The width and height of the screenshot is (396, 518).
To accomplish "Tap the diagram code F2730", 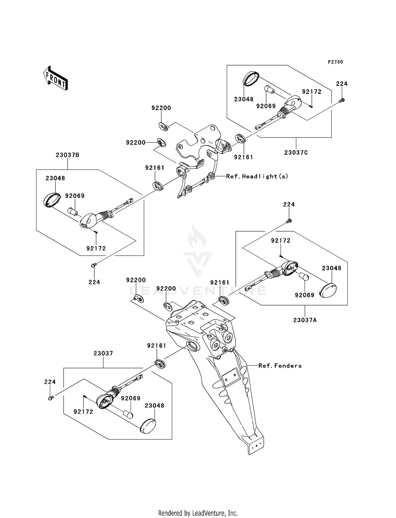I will [335, 62].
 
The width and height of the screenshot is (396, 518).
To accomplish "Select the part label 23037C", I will [296, 153].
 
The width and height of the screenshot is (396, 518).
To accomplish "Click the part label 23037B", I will [67, 155].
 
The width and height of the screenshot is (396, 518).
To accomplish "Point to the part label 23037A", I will [305, 320].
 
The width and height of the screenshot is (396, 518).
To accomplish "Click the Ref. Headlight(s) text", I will [257, 176].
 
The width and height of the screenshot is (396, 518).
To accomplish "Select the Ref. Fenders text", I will [280, 366].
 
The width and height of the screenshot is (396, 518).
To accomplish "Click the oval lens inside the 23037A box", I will [328, 290].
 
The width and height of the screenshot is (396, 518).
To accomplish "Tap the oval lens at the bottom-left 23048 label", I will [148, 426].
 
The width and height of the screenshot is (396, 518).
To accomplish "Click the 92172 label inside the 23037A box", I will [281, 241].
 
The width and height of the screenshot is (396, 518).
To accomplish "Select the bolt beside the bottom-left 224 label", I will [51, 398].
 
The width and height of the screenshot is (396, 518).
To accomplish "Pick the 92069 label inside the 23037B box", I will [75, 196].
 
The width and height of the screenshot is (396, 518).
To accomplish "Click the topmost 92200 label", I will [161, 108].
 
